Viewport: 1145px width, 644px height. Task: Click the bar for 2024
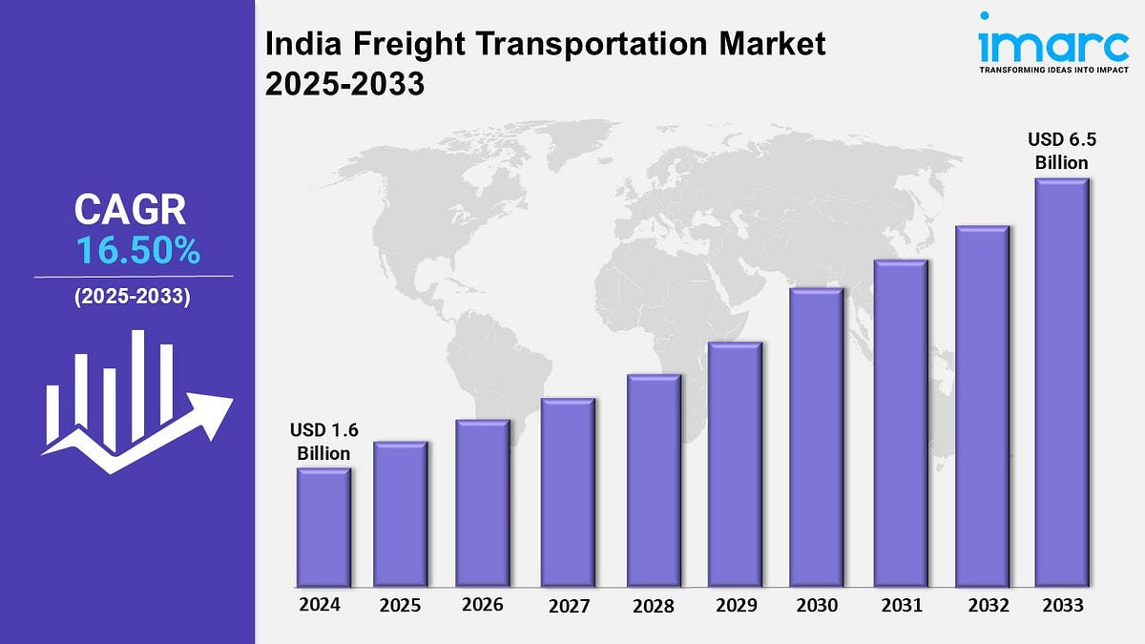(x=323, y=527)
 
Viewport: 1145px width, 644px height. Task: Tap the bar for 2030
(x=816, y=437)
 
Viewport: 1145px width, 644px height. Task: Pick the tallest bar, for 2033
(x=1062, y=382)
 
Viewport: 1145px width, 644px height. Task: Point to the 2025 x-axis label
(x=401, y=605)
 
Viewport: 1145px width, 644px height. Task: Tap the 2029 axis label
(x=735, y=605)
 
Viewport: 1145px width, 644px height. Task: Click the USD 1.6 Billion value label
(x=323, y=441)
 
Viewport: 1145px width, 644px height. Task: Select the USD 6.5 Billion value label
(x=1062, y=151)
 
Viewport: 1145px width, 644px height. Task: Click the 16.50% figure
(x=137, y=251)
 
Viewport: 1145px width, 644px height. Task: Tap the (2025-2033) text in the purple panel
(x=133, y=297)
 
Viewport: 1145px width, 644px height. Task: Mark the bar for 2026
(x=483, y=503)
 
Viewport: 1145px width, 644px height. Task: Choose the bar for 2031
(x=901, y=423)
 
